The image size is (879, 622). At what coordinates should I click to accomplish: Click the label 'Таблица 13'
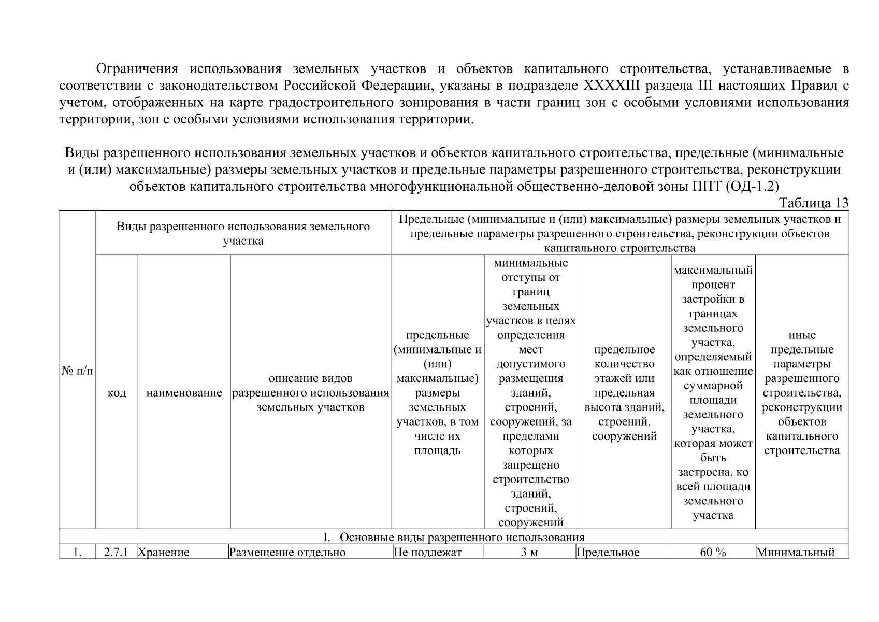point(814,203)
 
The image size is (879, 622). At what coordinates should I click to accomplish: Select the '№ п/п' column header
point(77,371)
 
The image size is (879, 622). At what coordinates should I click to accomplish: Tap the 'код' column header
point(117,393)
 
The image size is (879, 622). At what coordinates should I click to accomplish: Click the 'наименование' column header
point(184,393)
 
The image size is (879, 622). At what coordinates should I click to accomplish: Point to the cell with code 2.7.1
point(116,552)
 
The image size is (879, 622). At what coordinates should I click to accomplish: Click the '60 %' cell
point(713,552)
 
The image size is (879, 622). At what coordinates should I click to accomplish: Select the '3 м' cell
point(530,552)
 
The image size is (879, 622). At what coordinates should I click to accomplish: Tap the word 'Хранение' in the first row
point(164,552)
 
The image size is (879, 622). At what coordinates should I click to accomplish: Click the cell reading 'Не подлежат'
point(427,552)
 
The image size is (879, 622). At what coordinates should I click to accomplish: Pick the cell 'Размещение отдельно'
point(287,552)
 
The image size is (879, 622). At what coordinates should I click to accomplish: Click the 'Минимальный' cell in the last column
point(796,552)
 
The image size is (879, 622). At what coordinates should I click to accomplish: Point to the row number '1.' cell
point(77,552)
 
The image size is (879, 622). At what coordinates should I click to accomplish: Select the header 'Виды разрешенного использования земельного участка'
point(243,233)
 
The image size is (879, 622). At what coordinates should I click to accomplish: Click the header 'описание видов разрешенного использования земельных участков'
point(310,392)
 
